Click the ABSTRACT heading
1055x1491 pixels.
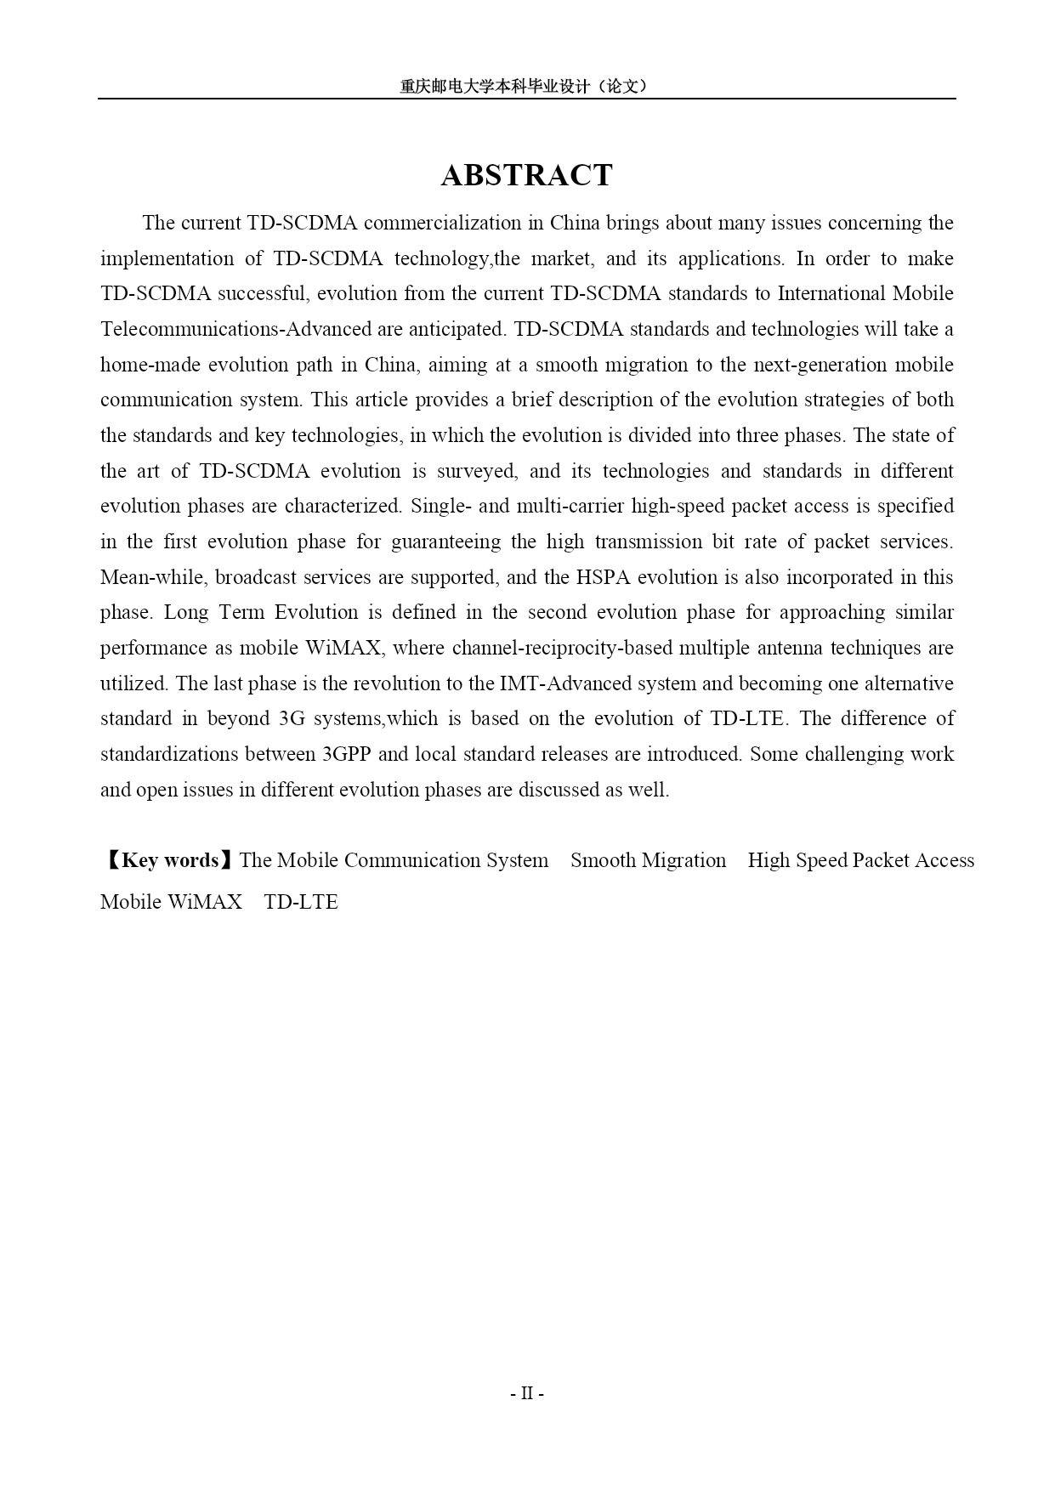526,175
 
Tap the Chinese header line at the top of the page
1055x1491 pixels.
526,86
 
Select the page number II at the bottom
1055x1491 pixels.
526,1393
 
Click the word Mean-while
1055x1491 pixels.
152,577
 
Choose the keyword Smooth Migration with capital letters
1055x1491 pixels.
648,860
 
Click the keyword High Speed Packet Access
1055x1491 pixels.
860,860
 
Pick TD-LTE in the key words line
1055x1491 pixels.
301,902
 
